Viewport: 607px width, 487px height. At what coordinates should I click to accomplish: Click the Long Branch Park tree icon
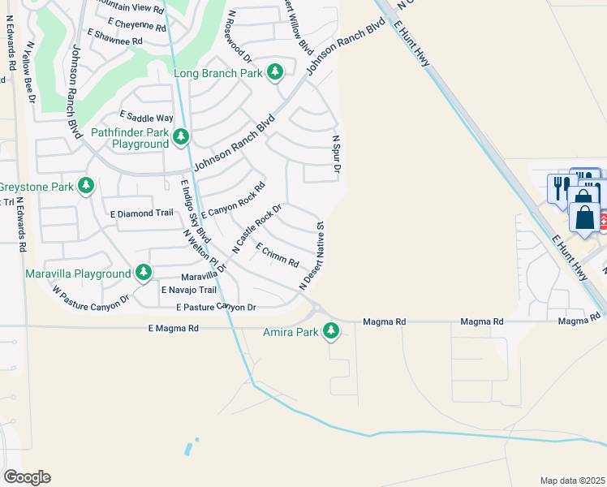(x=275, y=73)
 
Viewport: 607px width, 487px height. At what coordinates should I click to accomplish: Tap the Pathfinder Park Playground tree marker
(x=181, y=137)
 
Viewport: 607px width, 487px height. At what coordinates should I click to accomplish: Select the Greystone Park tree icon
(x=85, y=187)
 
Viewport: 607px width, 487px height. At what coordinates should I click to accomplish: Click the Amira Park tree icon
(x=330, y=331)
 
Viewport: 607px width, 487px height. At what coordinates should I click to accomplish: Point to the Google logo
(x=27, y=477)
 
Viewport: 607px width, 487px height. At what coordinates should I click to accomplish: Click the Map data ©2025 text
(x=572, y=481)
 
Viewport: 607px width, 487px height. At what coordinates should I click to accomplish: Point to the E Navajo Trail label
(x=189, y=290)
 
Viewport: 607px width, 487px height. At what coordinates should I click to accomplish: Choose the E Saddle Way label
(x=146, y=118)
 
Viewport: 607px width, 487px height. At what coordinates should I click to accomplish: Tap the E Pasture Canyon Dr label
(x=216, y=308)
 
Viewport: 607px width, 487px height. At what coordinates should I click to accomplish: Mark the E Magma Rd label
(x=173, y=328)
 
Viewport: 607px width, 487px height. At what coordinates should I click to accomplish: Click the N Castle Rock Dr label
(x=256, y=229)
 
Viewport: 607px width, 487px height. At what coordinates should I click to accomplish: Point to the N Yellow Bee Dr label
(x=32, y=73)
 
